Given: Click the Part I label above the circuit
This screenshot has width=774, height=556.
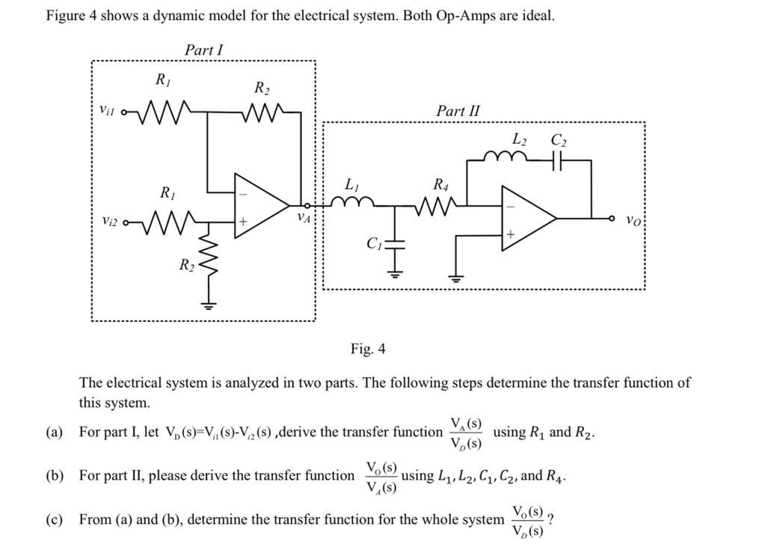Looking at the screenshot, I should [x=203, y=50].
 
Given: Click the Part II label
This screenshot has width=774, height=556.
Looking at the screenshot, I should [x=458, y=111].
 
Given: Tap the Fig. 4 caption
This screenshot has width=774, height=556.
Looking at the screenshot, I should [x=368, y=349].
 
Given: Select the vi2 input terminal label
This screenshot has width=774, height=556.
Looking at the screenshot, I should [x=109, y=222].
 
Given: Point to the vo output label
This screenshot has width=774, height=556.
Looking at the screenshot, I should [x=633, y=221].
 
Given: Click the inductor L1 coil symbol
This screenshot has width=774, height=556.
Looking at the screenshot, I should [x=351, y=202].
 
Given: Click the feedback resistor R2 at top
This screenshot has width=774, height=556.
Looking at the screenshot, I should [x=261, y=113].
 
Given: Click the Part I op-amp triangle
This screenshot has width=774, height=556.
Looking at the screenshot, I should [x=259, y=206].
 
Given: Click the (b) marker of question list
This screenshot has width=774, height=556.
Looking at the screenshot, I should [x=55, y=476].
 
